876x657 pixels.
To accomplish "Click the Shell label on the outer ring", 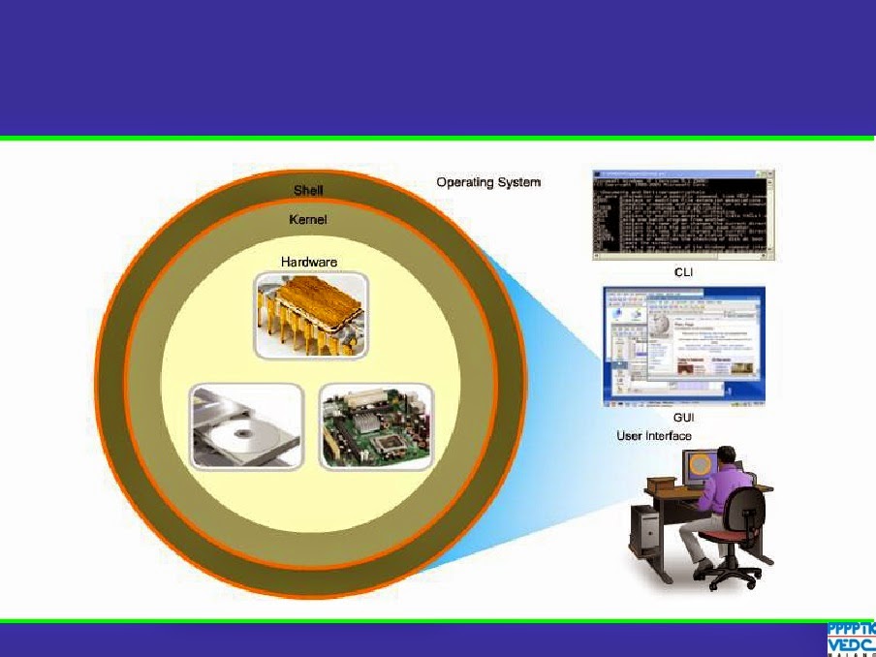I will click(x=308, y=190).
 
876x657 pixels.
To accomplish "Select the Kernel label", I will click(x=308, y=220).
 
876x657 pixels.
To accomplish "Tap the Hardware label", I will click(x=308, y=262).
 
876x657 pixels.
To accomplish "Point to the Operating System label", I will click(x=488, y=182).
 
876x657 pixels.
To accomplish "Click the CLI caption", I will click(x=683, y=273).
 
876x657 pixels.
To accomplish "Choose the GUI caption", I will click(x=685, y=418).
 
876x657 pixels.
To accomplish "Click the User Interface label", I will click(x=654, y=436).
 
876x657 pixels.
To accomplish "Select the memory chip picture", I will click(x=310, y=314).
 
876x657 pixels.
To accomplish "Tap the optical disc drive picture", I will click(x=246, y=426).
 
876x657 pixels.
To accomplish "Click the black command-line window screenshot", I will click(x=683, y=214).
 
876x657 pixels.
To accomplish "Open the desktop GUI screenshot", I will click(x=683, y=347).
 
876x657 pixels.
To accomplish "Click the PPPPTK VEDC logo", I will click(x=850, y=639).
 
